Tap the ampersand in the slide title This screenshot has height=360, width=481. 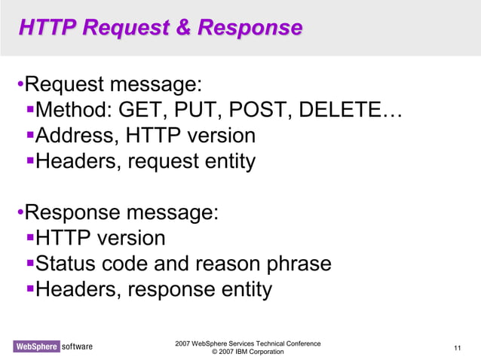182,29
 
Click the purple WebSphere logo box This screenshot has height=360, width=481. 35,346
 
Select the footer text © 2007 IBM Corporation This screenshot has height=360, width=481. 248,352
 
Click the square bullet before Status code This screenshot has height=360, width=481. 30,264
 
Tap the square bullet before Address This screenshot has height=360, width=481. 30,136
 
